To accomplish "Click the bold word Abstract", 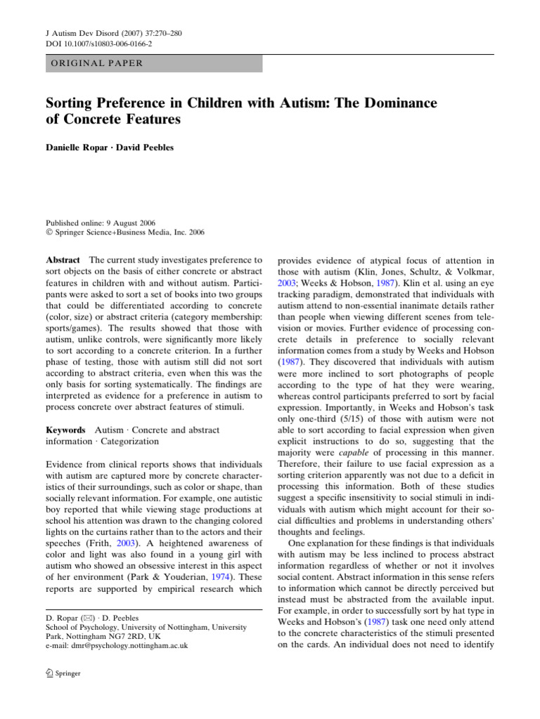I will [x=63, y=259].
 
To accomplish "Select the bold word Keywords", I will [x=66, y=430].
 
